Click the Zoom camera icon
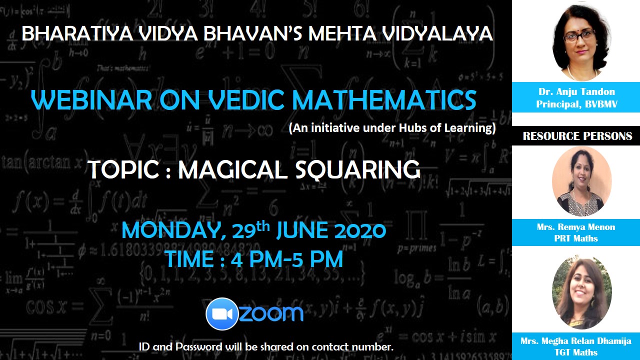[222, 314]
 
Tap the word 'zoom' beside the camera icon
[271, 314]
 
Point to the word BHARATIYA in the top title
[77, 33]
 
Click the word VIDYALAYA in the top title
[437, 33]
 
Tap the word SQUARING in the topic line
[357, 169]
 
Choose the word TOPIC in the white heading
[124, 169]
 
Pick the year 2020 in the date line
[360, 230]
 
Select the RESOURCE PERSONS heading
[577, 136]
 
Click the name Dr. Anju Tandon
[576, 91]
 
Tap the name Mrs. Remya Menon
[576, 227]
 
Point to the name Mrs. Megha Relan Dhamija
[576, 341]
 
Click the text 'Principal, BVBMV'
[576, 104]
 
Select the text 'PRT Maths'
[576, 238]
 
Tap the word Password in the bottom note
[198, 347]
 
